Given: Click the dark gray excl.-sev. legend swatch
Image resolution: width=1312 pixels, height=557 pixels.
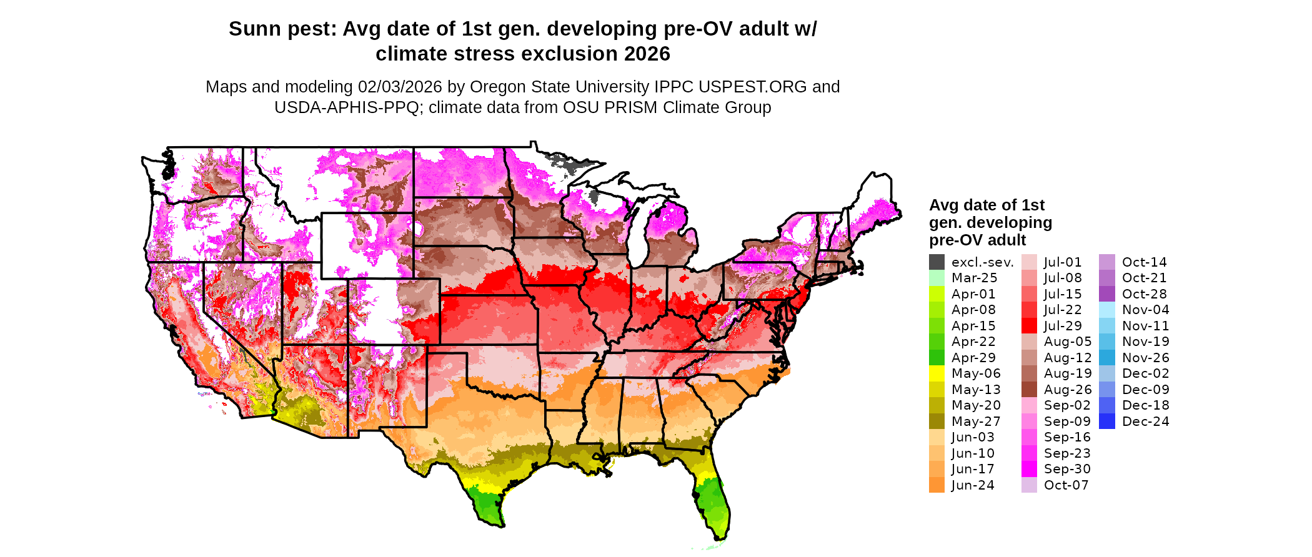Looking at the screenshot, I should (937, 262).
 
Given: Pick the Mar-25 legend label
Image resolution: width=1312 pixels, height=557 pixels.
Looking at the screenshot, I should (974, 278).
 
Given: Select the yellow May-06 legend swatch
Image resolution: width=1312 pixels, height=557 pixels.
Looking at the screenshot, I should (937, 373).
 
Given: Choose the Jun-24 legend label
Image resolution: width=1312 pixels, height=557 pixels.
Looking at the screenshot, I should (973, 485).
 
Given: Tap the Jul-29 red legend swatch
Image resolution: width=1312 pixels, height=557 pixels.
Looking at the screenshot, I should (1029, 326).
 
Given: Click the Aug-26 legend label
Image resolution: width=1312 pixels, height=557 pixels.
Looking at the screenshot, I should (1068, 390).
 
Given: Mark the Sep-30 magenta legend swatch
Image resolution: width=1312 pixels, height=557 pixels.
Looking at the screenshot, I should (1029, 469).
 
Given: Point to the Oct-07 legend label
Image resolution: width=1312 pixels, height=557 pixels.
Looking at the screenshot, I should (1066, 485).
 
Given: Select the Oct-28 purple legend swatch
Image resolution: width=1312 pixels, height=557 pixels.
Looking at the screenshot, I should (1106, 294).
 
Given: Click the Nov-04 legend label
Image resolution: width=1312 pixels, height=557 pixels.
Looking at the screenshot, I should (1145, 310).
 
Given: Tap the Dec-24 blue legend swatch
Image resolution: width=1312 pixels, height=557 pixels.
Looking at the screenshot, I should (1106, 421).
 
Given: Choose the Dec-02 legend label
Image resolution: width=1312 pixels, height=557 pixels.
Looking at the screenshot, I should (1145, 373).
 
